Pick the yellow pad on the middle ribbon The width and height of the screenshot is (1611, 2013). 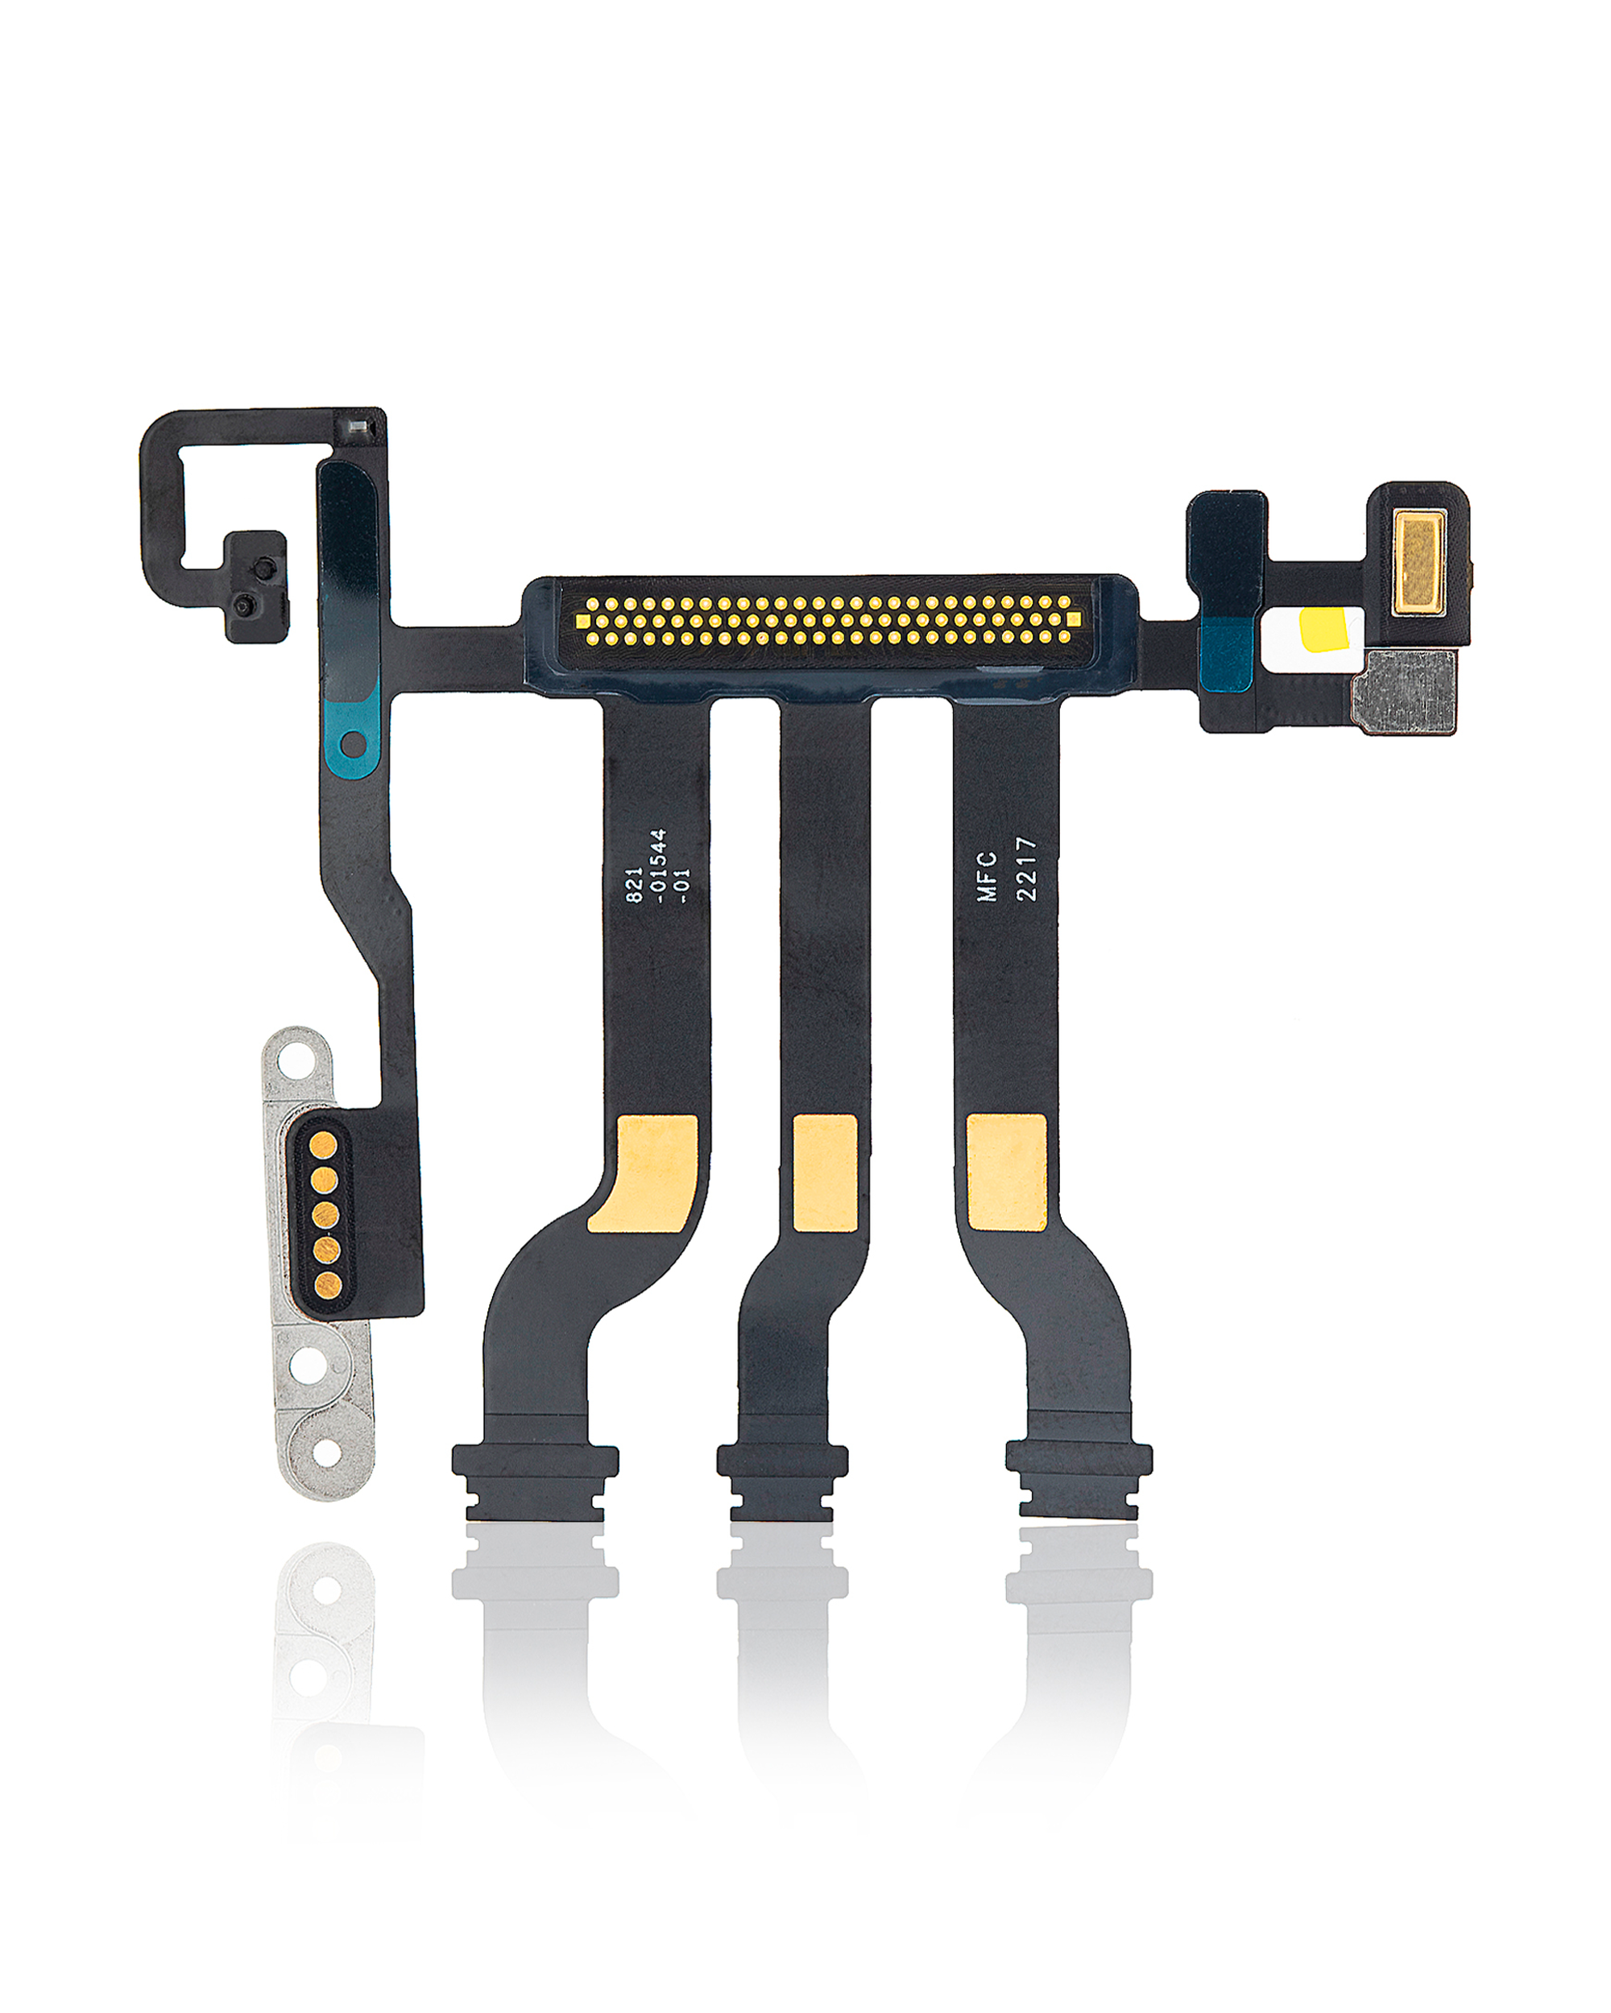(x=825, y=1172)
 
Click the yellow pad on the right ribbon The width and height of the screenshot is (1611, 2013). (x=1006, y=1172)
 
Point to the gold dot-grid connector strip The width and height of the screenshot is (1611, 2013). (x=827, y=621)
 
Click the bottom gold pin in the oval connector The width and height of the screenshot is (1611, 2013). (x=326, y=1286)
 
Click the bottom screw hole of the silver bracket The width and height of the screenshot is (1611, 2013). (x=327, y=1453)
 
